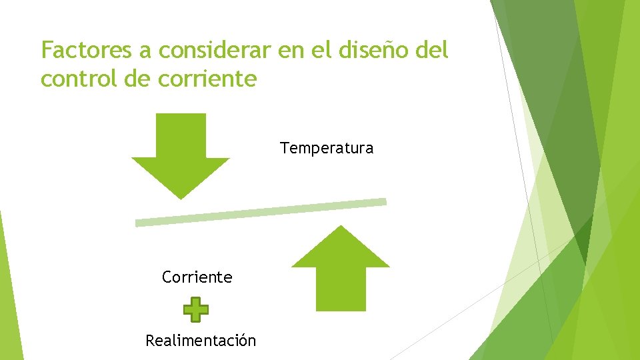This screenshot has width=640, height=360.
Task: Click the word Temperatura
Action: [327, 148]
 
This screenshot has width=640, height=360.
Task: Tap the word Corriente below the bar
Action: [197, 277]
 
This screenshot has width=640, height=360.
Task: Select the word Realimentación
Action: [201, 341]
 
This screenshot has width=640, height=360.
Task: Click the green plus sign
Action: [195, 309]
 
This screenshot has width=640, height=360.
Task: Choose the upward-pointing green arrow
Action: [341, 267]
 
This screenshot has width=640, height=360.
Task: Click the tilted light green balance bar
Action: [261, 213]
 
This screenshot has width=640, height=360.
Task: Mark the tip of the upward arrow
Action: [341, 227]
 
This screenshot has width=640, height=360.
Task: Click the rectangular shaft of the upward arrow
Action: [341, 288]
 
